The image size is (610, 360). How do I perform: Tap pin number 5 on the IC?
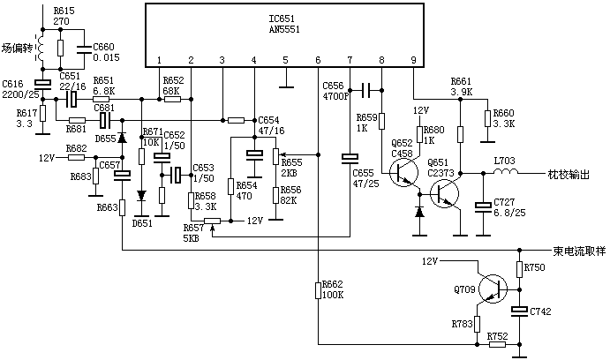pyautogui.click(x=285, y=60)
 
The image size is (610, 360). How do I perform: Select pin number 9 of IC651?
pyautogui.click(x=413, y=60)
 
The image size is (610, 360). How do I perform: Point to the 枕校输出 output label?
pyautogui.click(x=568, y=175)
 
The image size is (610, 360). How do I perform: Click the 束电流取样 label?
pyautogui.click(x=579, y=250)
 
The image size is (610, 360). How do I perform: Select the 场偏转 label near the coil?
pyautogui.click(x=18, y=49)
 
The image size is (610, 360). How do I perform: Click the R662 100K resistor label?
pyautogui.click(x=332, y=289)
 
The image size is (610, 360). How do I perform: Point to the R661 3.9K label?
pyautogui.click(x=463, y=86)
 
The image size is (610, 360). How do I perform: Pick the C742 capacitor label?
pyautogui.click(x=542, y=312)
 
